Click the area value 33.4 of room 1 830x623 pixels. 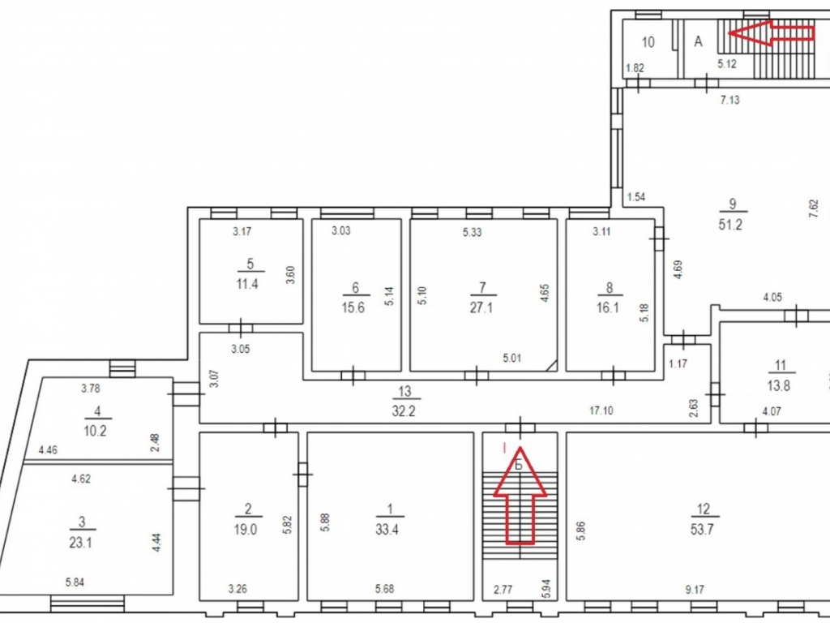click(387, 529)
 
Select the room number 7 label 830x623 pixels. click(482, 288)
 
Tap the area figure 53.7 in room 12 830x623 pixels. click(702, 529)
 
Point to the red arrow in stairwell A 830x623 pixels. click(772, 33)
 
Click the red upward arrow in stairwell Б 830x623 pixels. click(520, 496)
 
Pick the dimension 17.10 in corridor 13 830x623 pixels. click(601, 410)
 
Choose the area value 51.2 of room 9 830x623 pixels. click(730, 225)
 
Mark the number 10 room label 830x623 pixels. click(648, 42)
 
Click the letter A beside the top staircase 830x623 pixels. click(698, 42)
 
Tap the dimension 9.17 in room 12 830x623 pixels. click(694, 589)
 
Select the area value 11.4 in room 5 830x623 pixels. click(247, 284)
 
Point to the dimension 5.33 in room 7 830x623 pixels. click(473, 232)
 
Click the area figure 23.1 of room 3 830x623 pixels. click(80, 543)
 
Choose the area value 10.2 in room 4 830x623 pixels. click(96, 431)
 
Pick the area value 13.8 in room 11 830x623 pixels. click(779, 385)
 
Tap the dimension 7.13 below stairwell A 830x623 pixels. click(730, 100)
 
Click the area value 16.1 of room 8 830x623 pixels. click(608, 307)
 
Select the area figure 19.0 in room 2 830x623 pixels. click(246, 529)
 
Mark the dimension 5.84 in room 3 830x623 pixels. click(75, 582)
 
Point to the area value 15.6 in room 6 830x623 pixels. click(353, 307)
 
